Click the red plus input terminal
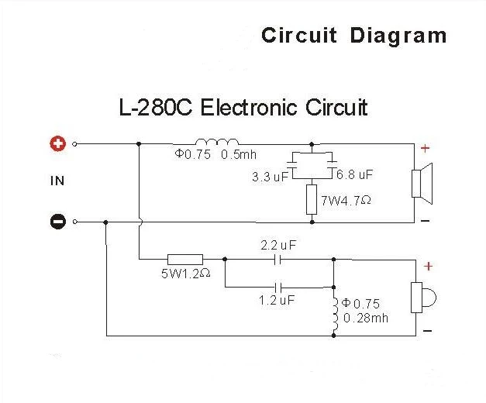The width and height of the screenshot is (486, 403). tap(57, 143)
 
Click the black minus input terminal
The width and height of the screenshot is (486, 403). tap(57, 221)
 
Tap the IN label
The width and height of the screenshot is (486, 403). tap(57, 181)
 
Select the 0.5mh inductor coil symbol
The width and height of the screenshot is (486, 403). tap(216, 142)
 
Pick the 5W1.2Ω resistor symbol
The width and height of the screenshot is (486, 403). tap(185, 260)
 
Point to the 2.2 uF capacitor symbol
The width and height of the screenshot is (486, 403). tap(278, 260)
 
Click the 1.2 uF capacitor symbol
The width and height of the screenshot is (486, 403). tap(278, 287)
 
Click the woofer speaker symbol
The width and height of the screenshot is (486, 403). tap(420, 184)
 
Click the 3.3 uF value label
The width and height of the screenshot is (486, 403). tap(269, 177)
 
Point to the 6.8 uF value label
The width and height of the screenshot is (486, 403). tap(355, 175)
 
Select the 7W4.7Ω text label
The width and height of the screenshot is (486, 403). tap(346, 200)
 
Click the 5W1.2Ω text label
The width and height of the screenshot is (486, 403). tap(182, 274)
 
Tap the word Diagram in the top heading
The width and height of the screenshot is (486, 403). tap(398, 35)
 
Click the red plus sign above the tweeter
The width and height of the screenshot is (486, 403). tap(427, 266)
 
